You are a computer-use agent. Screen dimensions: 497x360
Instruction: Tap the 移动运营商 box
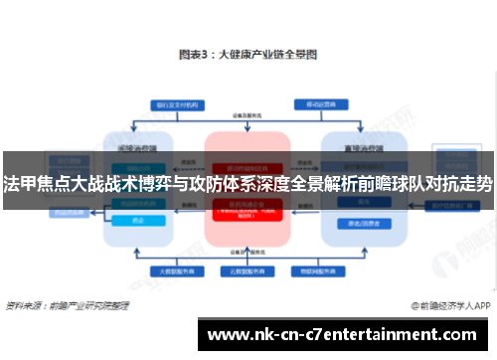pos(319,103)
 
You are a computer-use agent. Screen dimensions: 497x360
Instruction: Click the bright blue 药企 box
pos(139,221)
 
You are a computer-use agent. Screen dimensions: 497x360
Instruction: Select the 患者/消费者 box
pos(354,221)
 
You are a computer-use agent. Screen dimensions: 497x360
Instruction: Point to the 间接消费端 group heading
pos(139,146)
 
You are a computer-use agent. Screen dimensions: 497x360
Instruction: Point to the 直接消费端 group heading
pos(354,146)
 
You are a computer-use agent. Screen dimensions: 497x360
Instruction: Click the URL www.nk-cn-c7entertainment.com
pos(348,334)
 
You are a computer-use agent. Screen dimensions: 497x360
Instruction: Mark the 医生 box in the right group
pos(354,202)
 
